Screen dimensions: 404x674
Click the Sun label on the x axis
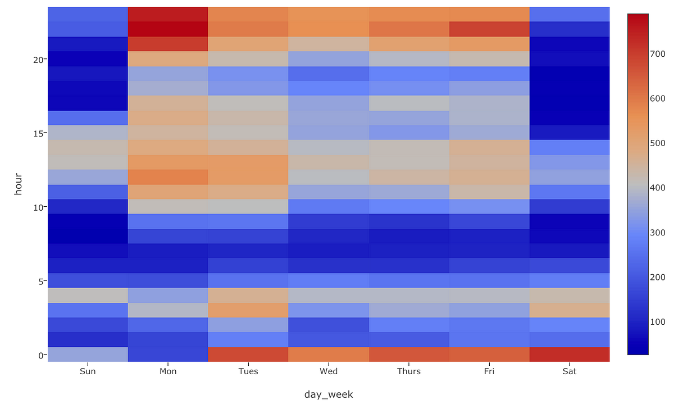click(x=88, y=371)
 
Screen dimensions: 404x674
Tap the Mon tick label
click(x=168, y=371)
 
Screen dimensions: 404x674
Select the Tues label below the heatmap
click(x=248, y=371)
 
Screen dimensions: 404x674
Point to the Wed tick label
click(x=329, y=371)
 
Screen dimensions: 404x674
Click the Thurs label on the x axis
click(x=409, y=371)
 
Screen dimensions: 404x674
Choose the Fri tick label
click(x=489, y=371)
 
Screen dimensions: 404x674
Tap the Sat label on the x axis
click(x=570, y=371)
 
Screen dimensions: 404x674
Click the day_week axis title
click(x=329, y=394)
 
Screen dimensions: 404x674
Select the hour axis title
click(x=18, y=184)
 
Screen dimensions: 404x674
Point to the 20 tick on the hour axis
click(x=37, y=60)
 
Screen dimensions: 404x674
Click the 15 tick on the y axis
click(x=37, y=133)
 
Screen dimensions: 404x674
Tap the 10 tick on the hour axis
click(x=37, y=207)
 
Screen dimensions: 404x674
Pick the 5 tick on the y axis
click(x=40, y=281)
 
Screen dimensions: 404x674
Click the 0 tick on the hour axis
click(x=40, y=355)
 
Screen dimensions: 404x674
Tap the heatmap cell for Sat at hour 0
click(x=570, y=355)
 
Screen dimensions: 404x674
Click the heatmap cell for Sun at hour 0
click(x=88, y=355)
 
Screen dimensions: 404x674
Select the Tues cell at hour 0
click(x=248, y=355)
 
